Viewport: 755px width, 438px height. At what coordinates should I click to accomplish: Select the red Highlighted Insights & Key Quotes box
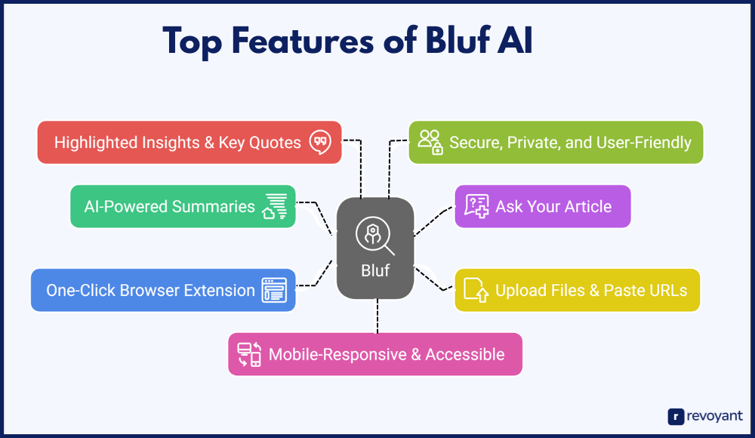point(190,142)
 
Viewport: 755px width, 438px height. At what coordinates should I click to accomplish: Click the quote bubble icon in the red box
point(321,142)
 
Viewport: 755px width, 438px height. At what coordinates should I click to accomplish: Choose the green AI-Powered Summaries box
point(183,206)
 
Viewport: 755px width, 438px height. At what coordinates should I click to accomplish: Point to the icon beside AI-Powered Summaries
point(275,206)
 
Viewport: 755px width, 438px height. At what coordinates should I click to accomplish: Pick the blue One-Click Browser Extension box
point(162,290)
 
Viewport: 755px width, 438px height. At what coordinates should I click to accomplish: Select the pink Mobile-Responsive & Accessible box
point(375,354)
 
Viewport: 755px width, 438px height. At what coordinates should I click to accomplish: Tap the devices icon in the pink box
point(249,354)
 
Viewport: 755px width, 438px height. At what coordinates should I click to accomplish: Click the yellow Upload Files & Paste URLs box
point(578,290)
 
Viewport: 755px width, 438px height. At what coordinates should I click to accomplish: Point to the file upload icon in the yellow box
point(476,290)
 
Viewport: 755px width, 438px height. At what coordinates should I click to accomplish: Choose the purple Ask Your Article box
point(542,206)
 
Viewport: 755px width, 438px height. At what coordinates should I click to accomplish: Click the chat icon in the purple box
point(476,206)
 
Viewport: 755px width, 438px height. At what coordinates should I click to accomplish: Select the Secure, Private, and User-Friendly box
point(556,142)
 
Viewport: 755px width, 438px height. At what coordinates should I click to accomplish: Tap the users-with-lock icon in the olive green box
point(430,142)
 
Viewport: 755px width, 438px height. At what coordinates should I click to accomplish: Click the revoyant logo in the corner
point(705,416)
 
